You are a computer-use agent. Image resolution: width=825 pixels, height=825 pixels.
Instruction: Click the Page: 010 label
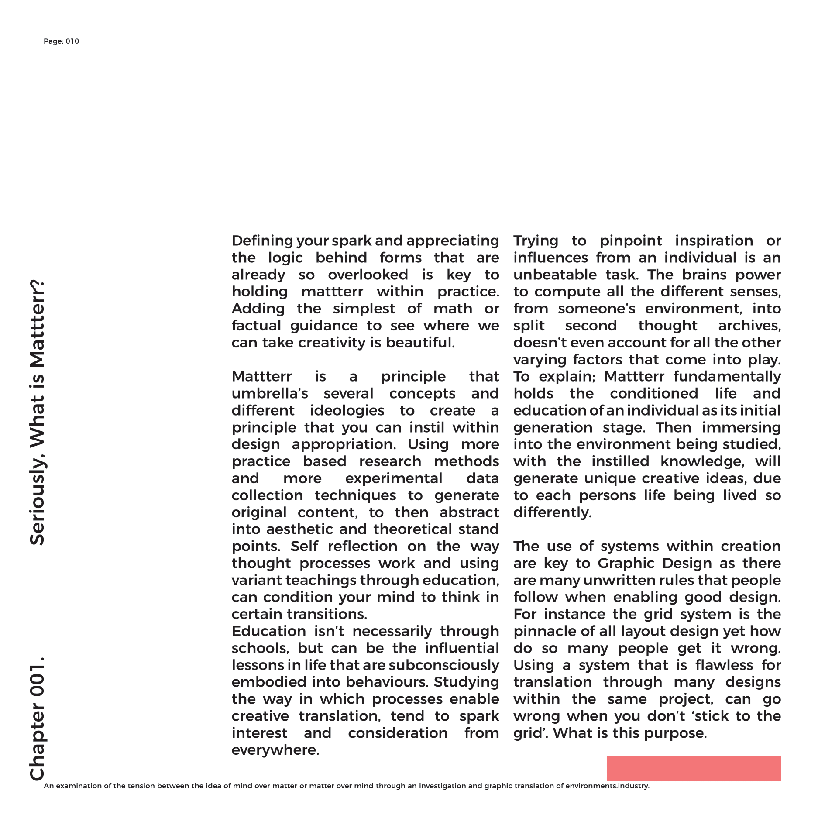[x=61, y=41]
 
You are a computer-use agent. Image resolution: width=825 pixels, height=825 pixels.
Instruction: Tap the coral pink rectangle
[x=694, y=768]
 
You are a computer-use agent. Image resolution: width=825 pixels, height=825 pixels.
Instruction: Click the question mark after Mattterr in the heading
[x=38, y=289]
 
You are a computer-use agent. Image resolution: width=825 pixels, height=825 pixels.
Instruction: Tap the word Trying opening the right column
[x=536, y=241]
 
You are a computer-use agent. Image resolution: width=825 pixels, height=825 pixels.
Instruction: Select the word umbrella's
[x=270, y=394]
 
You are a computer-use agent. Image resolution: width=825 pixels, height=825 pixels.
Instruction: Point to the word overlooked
[x=368, y=275]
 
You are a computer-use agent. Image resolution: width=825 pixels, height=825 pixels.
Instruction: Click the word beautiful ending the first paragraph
[x=420, y=343]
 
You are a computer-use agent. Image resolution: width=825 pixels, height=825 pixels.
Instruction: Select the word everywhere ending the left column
[x=275, y=750]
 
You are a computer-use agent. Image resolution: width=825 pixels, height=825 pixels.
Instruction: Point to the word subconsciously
[x=443, y=665]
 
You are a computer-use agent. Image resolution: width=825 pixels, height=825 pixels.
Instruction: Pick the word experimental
[x=394, y=478]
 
